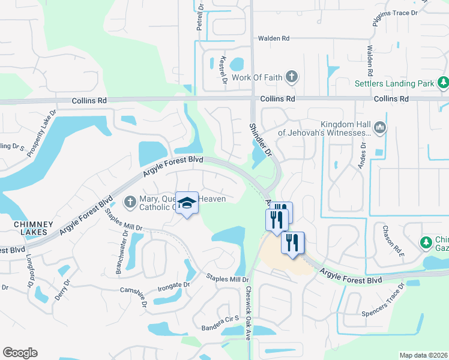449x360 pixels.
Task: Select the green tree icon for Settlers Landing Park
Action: click(x=443, y=82)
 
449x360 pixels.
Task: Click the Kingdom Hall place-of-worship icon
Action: click(x=380, y=127)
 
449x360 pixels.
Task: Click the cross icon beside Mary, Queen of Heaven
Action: click(x=130, y=203)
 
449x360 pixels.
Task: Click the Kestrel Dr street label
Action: click(x=223, y=70)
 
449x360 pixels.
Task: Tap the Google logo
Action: click(x=20, y=353)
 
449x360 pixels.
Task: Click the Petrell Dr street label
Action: click(x=200, y=16)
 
